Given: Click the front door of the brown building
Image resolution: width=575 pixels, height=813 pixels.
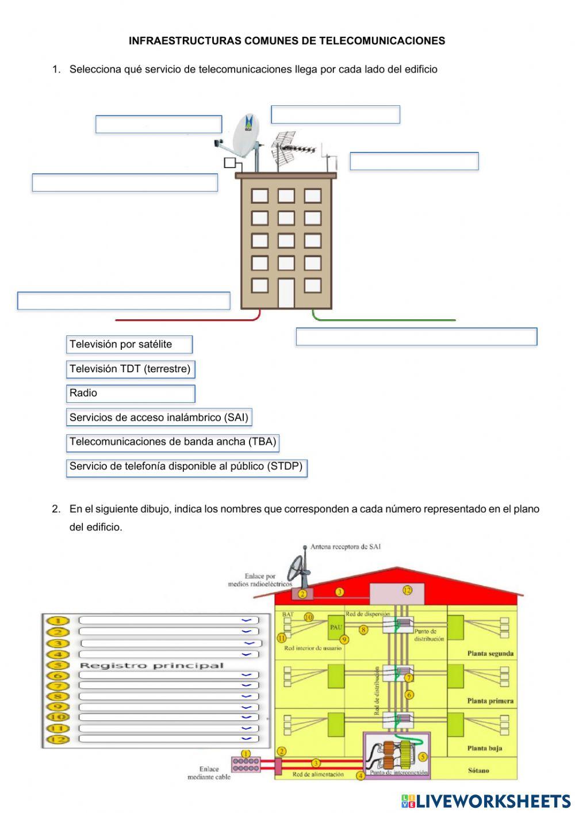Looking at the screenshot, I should click(286, 293).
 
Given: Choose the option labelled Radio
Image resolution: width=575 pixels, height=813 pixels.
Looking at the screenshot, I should click(131, 394).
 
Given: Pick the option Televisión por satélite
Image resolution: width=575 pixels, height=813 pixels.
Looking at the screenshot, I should click(129, 345).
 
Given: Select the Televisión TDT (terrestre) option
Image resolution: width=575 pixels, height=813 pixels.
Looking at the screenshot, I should click(131, 369).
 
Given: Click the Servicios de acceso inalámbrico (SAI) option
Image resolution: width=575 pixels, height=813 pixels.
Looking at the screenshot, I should click(159, 418).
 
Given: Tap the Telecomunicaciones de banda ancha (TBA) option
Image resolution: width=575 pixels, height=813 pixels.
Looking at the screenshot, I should click(172, 442).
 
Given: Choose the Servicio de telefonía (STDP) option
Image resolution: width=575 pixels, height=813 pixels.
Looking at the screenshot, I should click(186, 467).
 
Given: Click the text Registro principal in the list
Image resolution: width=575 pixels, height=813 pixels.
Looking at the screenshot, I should click(151, 666).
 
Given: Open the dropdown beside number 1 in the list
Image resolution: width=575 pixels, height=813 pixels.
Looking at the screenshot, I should click(246, 620).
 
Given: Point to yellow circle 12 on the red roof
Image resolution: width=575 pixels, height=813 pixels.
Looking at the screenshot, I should click(407, 590).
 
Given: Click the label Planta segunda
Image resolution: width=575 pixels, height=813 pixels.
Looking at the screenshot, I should click(490, 654).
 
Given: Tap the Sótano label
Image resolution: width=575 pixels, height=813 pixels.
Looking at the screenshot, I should click(478, 770).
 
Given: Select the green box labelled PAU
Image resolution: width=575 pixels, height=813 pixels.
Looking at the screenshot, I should click(336, 627).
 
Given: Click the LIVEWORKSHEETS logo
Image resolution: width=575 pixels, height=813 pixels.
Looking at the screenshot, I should click(486, 801).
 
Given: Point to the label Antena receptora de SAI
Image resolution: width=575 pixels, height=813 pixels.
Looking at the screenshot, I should click(345, 547).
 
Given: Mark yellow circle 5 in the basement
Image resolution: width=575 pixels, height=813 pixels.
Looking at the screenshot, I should click(423, 757).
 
